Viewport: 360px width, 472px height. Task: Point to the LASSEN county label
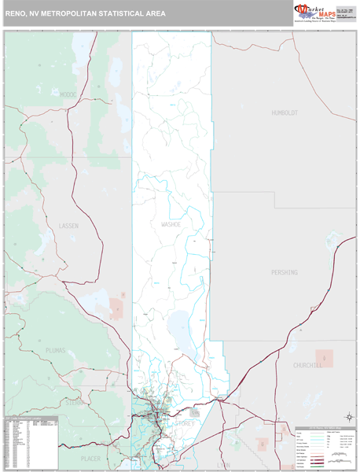pyautogui.click(x=68, y=226)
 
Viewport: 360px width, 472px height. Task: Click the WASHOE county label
pyautogui.click(x=171, y=224)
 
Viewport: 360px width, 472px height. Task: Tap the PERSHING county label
pyautogui.click(x=285, y=272)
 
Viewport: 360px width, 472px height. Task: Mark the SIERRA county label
pyautogui.click(x=75, y=402)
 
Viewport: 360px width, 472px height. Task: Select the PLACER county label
pyautogui.click(x=91, y=456)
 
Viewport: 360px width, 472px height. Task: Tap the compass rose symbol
pyautogui.click(x=348, y=417)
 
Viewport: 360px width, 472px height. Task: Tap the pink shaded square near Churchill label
pyautogui.click(x=324, y=359)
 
